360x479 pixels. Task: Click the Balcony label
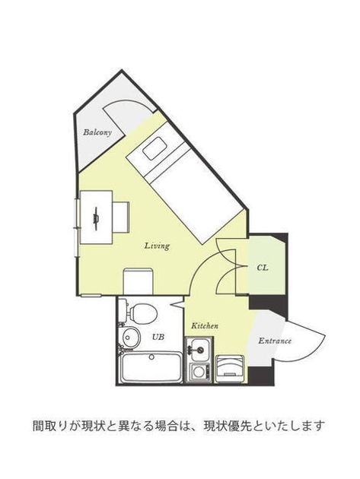97,132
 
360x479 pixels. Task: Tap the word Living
157,246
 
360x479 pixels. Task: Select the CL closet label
263,268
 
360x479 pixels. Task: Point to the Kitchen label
205,325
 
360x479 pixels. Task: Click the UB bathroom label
158,337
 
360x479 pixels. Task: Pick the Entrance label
275,341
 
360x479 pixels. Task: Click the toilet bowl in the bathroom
143,314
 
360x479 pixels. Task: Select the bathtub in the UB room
151,367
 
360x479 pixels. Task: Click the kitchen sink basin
199,349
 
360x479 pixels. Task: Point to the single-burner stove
199,372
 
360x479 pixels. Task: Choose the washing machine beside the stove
230,369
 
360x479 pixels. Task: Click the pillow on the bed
155,148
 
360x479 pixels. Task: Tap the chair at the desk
121,217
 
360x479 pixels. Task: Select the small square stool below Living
138,281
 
